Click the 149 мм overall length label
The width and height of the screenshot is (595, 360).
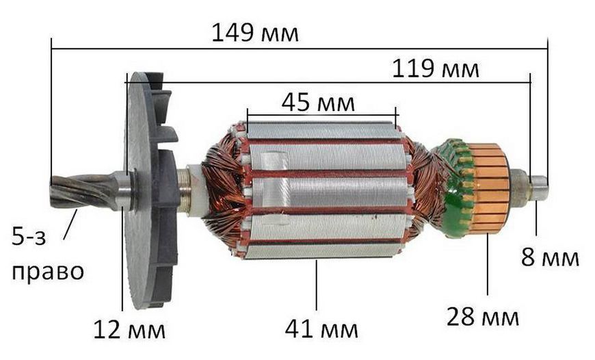point(254,33)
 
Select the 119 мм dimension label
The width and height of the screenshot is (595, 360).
point(435,69)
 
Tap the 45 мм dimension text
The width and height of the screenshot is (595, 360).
point(318,103)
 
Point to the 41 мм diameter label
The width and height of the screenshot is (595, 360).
point(321,329)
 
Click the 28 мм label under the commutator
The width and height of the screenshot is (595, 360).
point(482,317)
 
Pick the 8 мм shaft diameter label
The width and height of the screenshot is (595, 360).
point(550,257)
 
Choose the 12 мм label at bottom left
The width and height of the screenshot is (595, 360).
point(129,330)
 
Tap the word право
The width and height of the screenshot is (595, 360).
point(48,272)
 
